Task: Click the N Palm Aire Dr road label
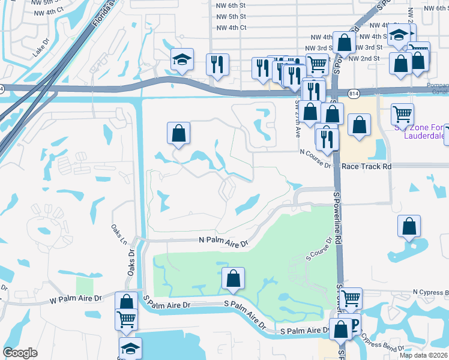223,242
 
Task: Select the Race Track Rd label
366,166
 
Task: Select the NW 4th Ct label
230,27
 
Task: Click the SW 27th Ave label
297,118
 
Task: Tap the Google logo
20,353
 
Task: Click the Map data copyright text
424,355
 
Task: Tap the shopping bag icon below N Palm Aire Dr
233,278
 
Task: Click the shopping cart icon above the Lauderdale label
402,113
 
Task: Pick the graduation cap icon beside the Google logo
130,348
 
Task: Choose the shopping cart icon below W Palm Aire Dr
126,319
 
